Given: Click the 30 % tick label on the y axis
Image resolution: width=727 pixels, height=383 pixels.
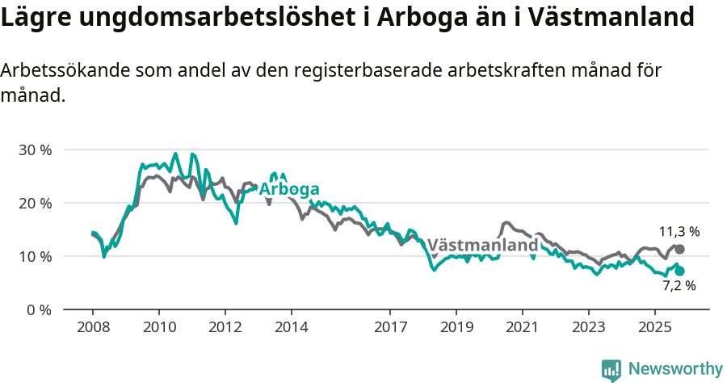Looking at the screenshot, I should (x=35, y=149).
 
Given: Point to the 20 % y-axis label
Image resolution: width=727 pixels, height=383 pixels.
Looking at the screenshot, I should (x=35, y=203).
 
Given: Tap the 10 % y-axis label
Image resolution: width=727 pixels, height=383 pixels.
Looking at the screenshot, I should (x=35, y=256).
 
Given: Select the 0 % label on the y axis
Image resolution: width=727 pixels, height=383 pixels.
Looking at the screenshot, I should (x=39, y=309).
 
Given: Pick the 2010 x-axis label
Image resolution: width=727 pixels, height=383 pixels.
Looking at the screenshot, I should (x=158, y=328).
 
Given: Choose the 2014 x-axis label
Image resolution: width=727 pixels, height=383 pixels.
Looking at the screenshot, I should (x=291, y=328).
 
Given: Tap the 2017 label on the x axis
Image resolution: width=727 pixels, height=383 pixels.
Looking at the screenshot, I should (x=390, y=328).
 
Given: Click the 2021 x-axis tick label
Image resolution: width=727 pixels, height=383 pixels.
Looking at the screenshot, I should (x=522, y=328).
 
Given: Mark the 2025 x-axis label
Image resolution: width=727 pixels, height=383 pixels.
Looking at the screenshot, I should (x=654, y=328).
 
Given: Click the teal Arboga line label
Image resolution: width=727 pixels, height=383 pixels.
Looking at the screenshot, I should (x=288, y=189).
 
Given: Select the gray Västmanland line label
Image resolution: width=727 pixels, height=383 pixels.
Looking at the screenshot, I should (x=482, y=245).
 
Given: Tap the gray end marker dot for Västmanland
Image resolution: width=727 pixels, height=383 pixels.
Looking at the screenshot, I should (x=679, y=250).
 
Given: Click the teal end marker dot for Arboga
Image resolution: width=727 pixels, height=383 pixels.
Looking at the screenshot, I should (x=679, y=271).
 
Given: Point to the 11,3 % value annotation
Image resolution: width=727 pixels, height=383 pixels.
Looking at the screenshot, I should (x=679, y=232).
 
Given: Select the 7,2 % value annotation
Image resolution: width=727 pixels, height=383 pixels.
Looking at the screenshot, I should (x=679, y=286).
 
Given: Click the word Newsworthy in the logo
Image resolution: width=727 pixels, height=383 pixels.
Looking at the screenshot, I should (x=674, y=368).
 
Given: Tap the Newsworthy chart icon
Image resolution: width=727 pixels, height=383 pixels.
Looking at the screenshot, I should (x=611, y=370).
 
